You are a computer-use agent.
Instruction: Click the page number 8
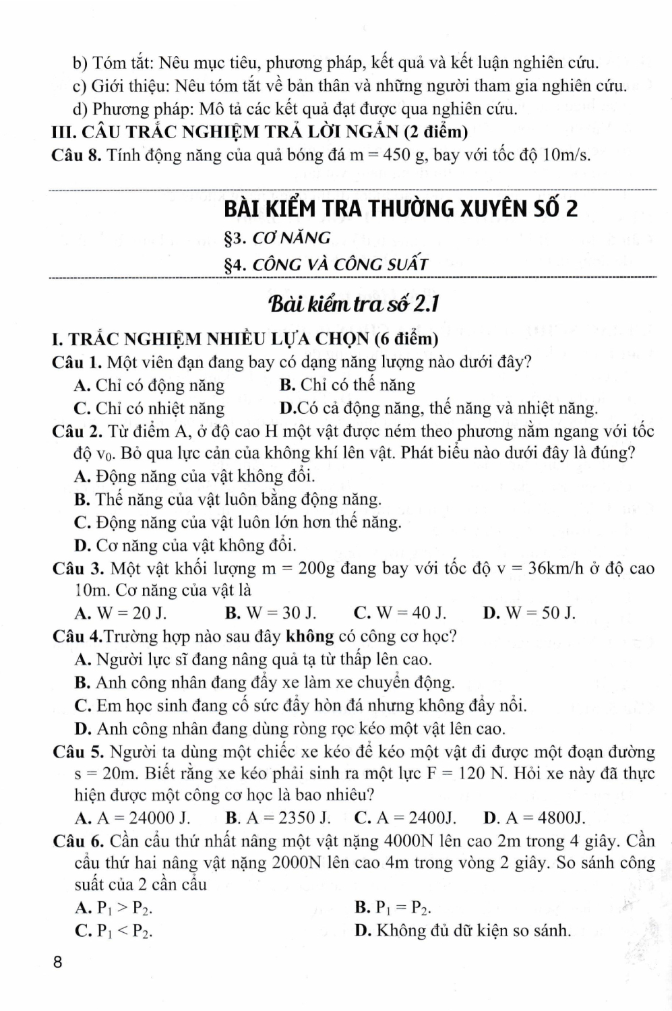[x=57, y=962]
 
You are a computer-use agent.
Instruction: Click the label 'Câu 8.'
[x=76, y=155]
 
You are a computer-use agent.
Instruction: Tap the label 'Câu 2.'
[x=76, y=430]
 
